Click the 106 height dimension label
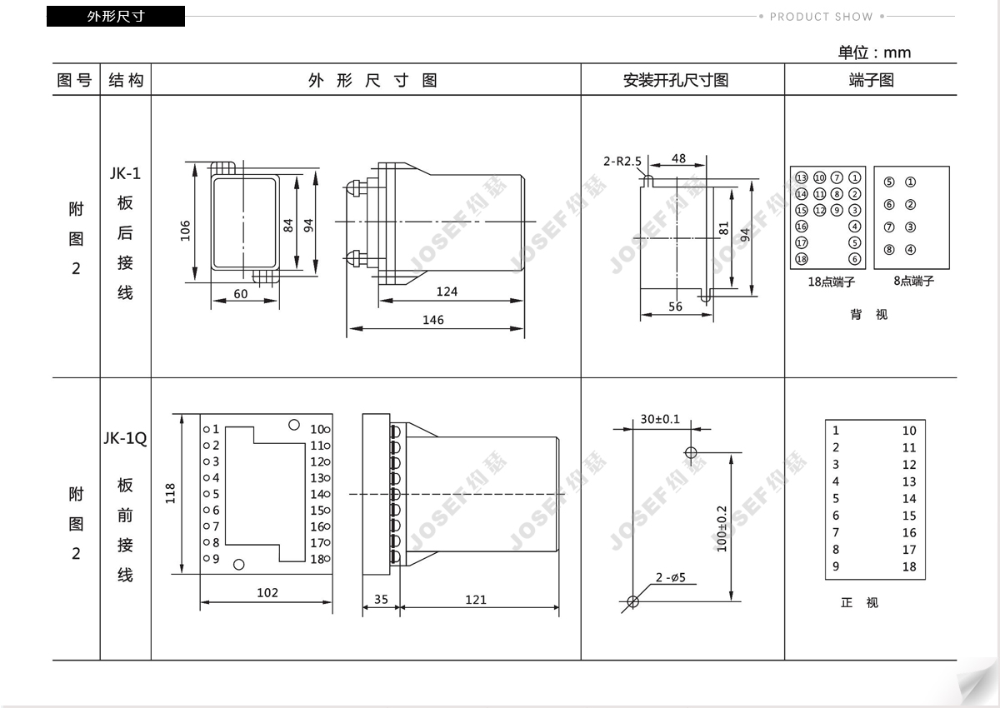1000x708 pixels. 185,231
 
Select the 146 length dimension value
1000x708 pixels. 433,320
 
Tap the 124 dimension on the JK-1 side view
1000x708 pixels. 447,292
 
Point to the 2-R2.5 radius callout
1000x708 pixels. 622,161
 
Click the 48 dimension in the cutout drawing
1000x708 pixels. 678,158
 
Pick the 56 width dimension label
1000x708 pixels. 675,307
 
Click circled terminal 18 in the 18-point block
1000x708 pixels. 802,259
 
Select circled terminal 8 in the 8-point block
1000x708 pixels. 889,249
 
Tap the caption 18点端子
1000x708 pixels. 832,282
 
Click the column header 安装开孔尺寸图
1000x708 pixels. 676,80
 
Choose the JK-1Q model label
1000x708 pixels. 125,438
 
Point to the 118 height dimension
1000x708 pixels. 170,493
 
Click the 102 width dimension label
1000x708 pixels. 267,592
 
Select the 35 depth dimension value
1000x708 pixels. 381,599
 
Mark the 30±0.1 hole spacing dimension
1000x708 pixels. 660,419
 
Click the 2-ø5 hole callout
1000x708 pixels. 671,577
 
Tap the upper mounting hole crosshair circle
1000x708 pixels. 691,453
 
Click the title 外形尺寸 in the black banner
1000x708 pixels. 116,17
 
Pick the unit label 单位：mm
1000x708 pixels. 874,52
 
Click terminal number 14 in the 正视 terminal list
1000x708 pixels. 909,498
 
